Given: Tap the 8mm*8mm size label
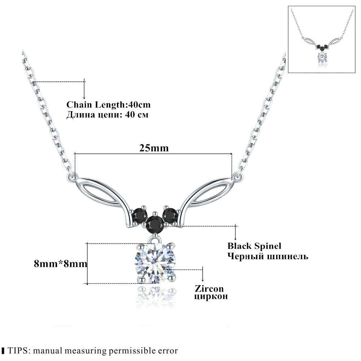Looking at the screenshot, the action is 61,264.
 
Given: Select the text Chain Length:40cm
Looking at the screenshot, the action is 108,105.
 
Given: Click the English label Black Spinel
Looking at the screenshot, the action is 254,246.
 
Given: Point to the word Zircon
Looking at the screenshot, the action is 209,289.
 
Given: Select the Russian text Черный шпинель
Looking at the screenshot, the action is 268,256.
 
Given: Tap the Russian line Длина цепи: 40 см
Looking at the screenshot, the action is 107,114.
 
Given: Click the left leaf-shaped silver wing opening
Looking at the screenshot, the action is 99,192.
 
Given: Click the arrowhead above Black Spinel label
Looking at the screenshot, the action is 236,238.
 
